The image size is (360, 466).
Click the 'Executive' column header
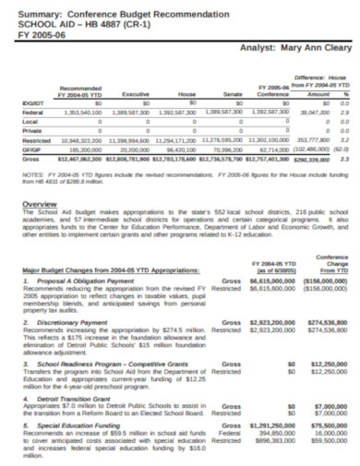pos(136,94)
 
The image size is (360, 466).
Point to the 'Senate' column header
pos(234,94)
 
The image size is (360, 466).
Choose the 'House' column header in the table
pos(186,94)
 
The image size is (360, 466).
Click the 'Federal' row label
pos(30,111)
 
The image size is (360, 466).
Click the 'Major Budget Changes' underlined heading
pos(104,269)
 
